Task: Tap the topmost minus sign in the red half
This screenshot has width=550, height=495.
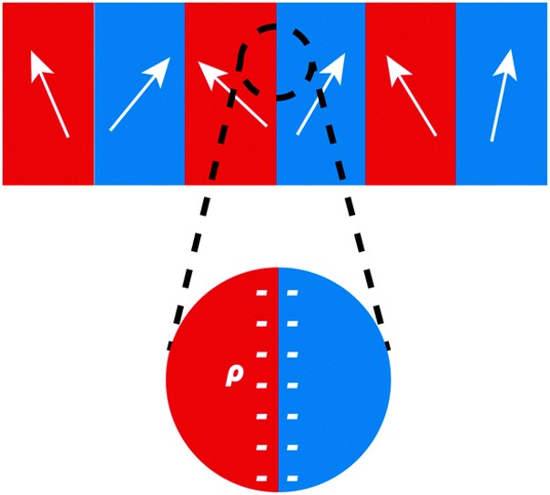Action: coord(262,293)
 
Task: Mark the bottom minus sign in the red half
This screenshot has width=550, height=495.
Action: coord(262,478)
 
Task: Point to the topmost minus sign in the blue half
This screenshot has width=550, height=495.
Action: coord(292,293)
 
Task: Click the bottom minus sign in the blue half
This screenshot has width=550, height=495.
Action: coord(292,478)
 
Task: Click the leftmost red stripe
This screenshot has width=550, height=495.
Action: coord(18,155)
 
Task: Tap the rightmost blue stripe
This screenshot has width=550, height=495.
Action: coord(528,155)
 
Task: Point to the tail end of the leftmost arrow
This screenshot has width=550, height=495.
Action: coord(66,136)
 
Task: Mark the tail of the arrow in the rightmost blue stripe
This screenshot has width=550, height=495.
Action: coord(493,139)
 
